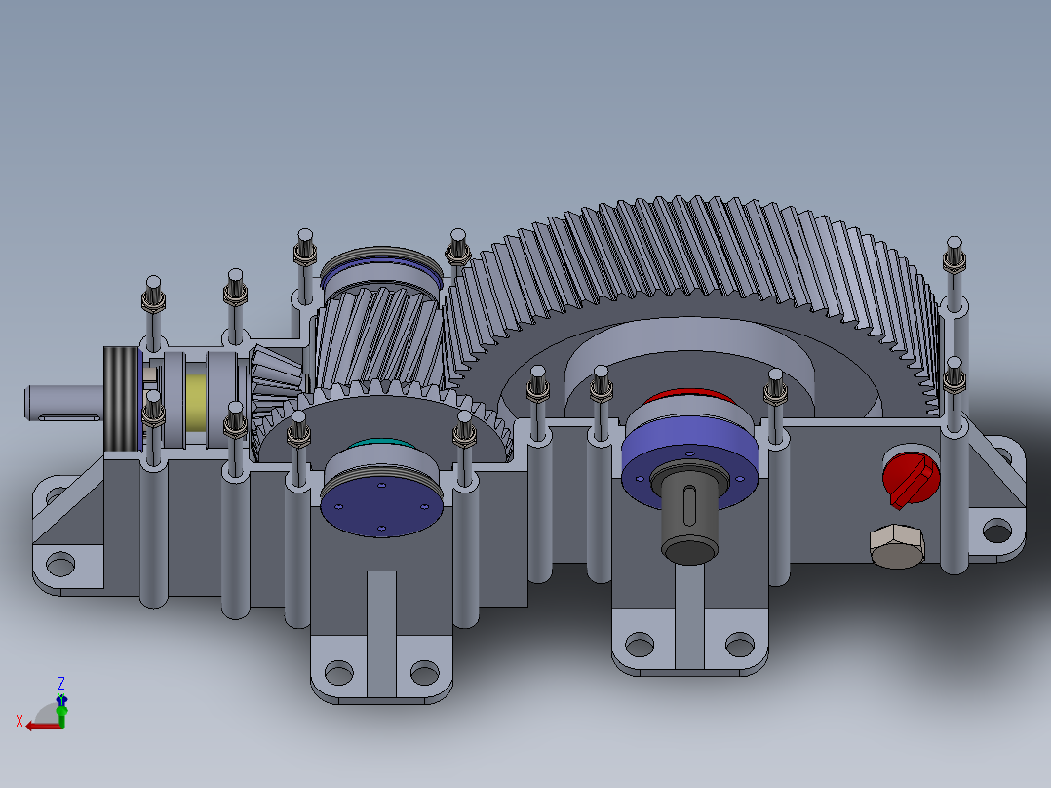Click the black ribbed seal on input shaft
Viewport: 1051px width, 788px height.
122,399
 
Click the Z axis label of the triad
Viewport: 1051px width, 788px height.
61,683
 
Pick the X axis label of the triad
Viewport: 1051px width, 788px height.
19,721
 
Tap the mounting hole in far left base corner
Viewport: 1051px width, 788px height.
60,564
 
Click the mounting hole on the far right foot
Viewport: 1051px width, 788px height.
996,532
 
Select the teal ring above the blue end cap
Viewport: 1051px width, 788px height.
382,448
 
